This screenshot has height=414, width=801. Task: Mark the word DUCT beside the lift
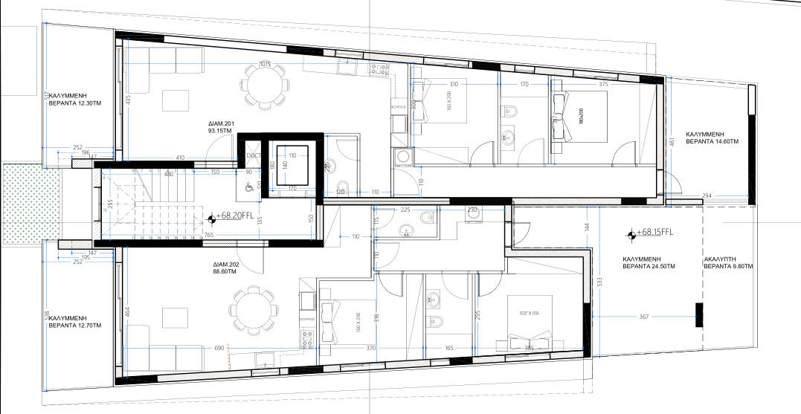pos(254,155)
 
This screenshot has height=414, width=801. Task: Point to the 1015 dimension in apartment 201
pos(264,63)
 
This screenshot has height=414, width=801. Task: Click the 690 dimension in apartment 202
pos(219,348)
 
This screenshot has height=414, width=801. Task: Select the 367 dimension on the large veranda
pos(643,317)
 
